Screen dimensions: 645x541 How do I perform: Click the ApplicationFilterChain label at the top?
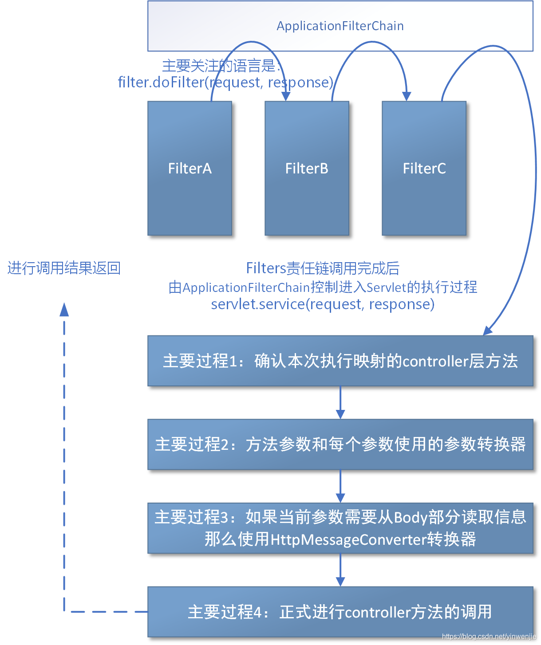[340, 26]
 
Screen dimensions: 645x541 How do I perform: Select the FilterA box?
[190, 168]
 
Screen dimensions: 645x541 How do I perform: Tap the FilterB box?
[307, 168]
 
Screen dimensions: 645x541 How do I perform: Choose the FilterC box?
[424, 168]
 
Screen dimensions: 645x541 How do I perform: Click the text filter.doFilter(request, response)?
[225, 82]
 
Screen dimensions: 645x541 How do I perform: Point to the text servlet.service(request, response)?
[323, 304]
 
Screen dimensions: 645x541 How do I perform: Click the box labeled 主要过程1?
[340, 361]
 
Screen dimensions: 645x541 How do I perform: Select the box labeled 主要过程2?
[340, 444]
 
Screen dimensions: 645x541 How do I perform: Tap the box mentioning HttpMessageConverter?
[340, 528]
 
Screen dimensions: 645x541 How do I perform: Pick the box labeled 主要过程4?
[340, 612]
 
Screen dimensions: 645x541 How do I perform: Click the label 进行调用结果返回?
[64, 268]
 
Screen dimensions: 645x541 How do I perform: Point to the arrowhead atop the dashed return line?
[64, 309]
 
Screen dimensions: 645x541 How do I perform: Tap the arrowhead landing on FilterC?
[407, 96]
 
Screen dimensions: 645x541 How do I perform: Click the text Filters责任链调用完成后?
[323, 268]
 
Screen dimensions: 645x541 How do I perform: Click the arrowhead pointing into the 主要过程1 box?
[488, 330]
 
